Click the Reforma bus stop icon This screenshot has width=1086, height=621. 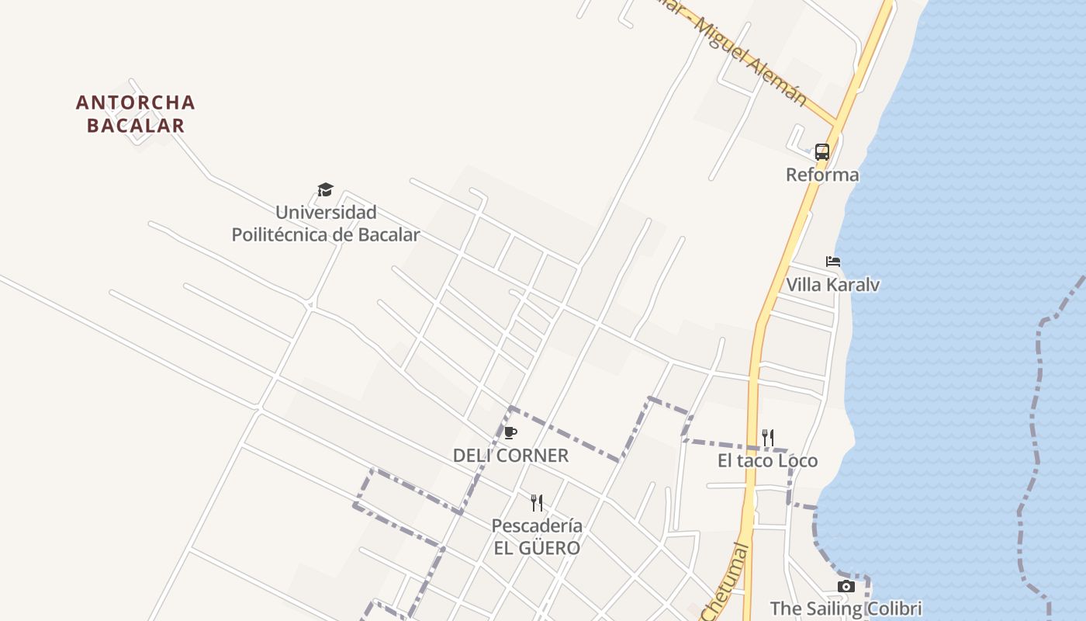coord(822,151)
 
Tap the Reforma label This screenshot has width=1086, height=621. coord(822,175)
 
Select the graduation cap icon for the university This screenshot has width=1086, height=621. coord(325,189)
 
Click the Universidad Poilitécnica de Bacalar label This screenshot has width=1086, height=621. coord(326,224)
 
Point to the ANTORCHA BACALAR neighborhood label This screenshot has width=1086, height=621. coord(136,114)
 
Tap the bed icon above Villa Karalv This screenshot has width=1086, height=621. coord(833,262)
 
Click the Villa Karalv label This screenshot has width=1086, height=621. coord(833,285)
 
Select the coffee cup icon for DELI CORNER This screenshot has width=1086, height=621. coord(510,433)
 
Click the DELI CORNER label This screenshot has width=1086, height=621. coord(510,456)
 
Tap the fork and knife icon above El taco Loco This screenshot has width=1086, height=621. coord(767,438)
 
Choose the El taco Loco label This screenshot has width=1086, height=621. coord(767,461)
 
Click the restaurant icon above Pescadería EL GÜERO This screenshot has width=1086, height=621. coord(536,503)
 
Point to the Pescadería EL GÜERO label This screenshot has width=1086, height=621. coord(537,536)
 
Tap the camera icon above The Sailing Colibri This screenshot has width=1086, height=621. coord(846,587)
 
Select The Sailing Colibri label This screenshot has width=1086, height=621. coord(846,608)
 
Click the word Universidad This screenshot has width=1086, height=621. coord(326,212)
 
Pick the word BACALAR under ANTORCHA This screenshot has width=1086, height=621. coord(136,126)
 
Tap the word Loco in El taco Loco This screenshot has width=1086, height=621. coord(797,461)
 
